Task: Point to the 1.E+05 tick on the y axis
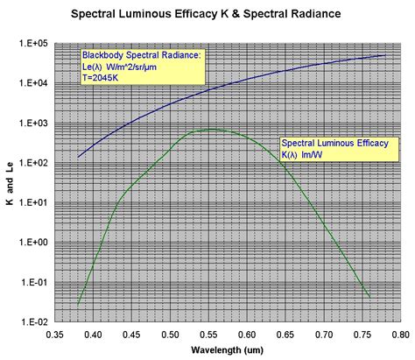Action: (x=33, y=43)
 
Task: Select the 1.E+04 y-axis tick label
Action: (x=33, y=83)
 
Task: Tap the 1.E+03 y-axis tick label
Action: (x=33, y=124)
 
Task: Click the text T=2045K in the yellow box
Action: (x=102, y=77)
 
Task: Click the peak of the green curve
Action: (x=210, y=130)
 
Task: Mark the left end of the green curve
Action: (x=78, y=304)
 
